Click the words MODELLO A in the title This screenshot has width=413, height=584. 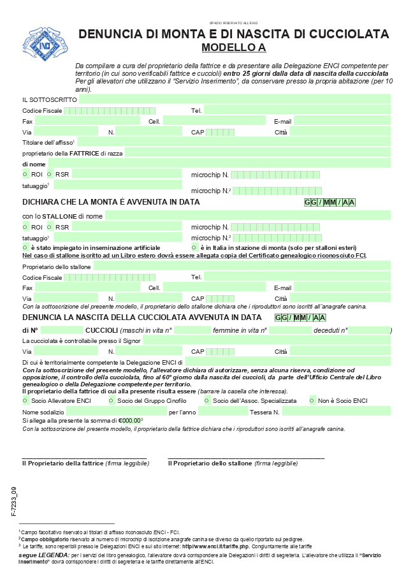click(233, 47)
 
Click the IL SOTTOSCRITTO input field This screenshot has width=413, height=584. click(234, 99)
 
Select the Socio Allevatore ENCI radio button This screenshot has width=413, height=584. click(25, 400)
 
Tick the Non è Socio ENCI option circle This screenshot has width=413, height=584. click(312, 400)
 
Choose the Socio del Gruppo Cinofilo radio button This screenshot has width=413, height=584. click(111, 400)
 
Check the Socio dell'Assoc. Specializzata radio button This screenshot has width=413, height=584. click(207, 400)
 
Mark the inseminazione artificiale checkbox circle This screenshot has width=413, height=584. click(25, 247)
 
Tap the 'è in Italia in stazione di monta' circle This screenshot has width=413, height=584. click(194, 247)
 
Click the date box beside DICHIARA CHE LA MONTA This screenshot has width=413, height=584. click(330, 202)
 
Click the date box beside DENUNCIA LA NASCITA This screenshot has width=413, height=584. click(300, 318)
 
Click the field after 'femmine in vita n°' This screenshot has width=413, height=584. click(289, 330)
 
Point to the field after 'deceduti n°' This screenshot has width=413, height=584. click(369, 330)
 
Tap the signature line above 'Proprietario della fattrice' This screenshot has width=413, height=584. click(84, 457)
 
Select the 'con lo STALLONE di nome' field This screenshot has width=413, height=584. click(247, 216)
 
